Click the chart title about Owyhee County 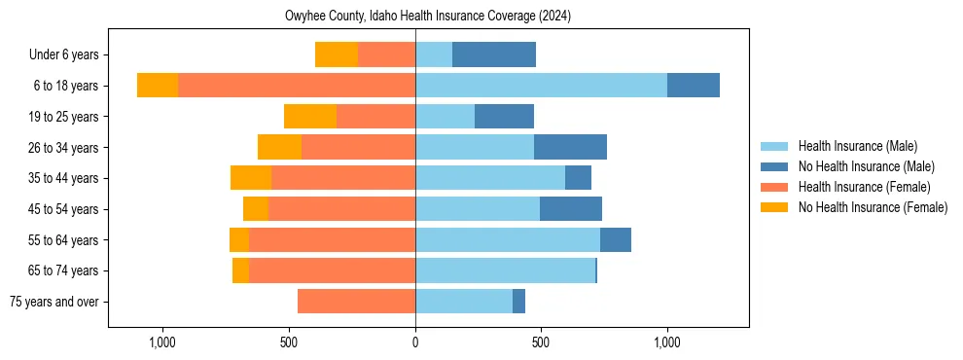click(x=428, y=17)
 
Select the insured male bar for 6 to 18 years click(x=541, y=86)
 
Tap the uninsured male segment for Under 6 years click(x=494, y=54)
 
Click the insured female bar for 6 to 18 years click(x=297, y=86)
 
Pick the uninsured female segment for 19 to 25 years click(x=310, y=117)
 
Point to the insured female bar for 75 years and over click(x=356, y=302)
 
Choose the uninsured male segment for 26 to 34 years click(x=570, y=147)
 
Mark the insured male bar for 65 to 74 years click(x=505, y=270)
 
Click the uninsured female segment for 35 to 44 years click(x=251, y=178)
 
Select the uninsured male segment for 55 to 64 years click(x=616, y=239)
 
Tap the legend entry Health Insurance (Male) click(x=857, y=146)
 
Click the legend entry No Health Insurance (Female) click(x=873, y=207)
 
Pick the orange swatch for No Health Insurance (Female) click(x=774, y=207)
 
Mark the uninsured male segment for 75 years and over click(x=518, y=302)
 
